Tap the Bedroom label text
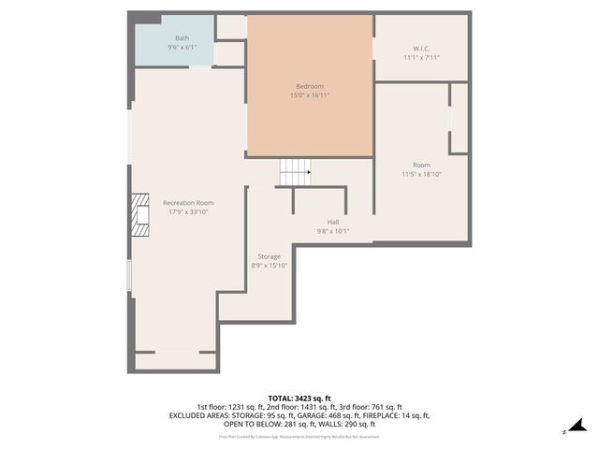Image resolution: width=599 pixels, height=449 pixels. click(310, 86)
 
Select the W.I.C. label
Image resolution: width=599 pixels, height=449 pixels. click(420, 49)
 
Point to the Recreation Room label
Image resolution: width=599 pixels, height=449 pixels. click(188, 203)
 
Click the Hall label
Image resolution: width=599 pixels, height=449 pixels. click(333, 222)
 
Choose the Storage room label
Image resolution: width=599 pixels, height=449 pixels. click(269, 256)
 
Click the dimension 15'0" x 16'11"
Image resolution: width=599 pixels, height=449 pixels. click(310, 95)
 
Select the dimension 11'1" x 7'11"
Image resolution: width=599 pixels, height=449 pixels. click(420, 57)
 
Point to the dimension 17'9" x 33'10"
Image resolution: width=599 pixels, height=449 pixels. click(188, 212)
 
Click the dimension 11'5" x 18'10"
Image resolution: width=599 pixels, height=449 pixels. click(420, 174)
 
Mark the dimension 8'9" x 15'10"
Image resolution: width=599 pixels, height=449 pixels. click(269, 266)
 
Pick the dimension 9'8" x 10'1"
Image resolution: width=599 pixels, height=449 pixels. click(333, 231)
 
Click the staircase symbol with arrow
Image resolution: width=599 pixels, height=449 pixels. click(295, 171)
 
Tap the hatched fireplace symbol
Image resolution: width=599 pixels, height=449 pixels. click(139, 214)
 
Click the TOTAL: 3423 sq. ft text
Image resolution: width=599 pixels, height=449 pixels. click(299, 398)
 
